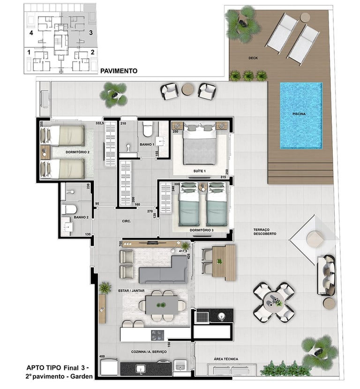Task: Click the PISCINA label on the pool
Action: coord(299,114)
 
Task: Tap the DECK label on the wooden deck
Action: coord(253,58)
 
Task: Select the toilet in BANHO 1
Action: coord(148,129)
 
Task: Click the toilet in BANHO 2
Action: coord(69,209)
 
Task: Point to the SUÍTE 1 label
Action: coord(200,171)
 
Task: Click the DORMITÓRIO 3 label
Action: coord(202,230)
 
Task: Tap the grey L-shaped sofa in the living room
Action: coord(163,270)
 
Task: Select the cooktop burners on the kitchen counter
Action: coord(157,335)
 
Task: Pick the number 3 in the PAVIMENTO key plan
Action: coord(91,32)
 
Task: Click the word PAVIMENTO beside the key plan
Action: coord(119,71)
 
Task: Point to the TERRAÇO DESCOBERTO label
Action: coord(265,232)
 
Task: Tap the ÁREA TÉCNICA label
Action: coord(226,359)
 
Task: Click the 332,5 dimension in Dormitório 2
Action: coord(100,123)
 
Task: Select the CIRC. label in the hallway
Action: coord(126,221)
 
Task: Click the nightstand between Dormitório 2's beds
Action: coord(45,152)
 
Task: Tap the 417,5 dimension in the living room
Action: coord(183,251)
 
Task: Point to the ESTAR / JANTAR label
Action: coord(131,291)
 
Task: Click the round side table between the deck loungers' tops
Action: coord(305,18)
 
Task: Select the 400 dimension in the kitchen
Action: coord(102,357)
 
